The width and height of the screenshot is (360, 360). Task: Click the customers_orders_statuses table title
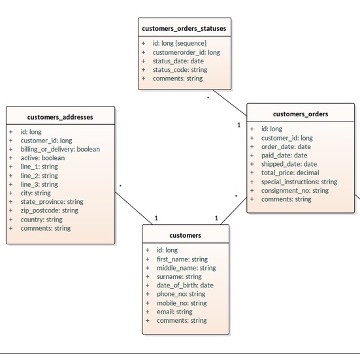point(184,28)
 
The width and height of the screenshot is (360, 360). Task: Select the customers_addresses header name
point(60,118)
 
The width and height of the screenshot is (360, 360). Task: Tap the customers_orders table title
point(301,114)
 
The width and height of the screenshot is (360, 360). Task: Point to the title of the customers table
point(186,235)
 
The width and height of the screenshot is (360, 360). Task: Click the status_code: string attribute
point(180,69)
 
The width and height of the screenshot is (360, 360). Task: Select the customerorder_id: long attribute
point(186,52)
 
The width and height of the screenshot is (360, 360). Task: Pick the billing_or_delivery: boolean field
point(60,149)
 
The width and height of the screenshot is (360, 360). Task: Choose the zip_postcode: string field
point(49,210)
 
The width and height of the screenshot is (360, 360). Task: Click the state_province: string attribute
point(52,202)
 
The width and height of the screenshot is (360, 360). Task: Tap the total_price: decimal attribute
point(290,173)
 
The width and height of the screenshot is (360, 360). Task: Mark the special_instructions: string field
point(299,182)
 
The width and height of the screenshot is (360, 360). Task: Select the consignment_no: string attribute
point(295,191)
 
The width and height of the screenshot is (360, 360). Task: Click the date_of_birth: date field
point(184,286)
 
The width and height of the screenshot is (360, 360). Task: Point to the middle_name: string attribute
point(186,268)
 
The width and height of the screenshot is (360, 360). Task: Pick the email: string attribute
point(174,312)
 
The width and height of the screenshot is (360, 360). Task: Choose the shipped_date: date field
point(289,164)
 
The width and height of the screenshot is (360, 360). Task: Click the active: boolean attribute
point(42,158)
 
